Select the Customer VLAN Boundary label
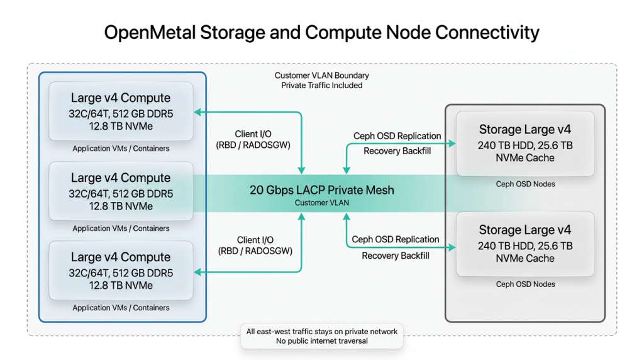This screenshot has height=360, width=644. [x=321, y=76]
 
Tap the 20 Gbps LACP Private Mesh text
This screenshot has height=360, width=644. [x=321, y=190]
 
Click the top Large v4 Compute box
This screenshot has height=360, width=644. [x=121, y=111]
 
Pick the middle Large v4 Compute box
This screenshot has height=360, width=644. [x=121, y=191]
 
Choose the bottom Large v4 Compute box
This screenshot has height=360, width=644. [x=121, y=271]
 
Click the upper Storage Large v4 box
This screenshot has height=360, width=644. [x=525, y=143]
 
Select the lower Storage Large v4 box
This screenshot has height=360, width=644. [x=525, y=244]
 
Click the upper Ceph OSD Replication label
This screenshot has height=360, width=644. [x=396, y=136]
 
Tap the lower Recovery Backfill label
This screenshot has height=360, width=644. [x=396, y=256]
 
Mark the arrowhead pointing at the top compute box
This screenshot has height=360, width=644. [x=197, y=112]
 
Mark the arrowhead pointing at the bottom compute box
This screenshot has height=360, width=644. [x=197, y=272]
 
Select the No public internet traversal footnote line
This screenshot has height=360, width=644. [x=321, y=341]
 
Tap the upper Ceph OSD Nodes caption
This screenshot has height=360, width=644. [x=525, y=184]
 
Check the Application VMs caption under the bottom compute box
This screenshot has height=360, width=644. [x=121, y=308]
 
